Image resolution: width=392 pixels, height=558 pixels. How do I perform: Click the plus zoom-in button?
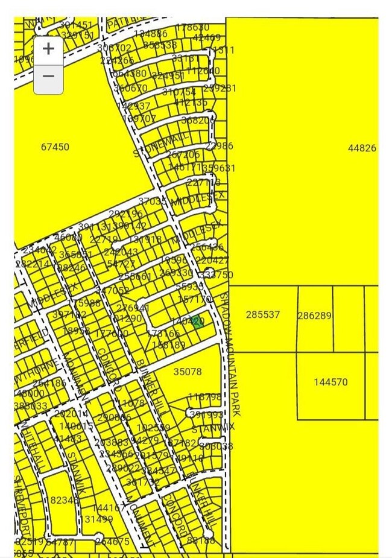[48, 49]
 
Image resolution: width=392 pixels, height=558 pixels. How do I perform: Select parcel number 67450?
[55, 147]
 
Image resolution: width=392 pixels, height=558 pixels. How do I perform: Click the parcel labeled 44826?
[362, 148]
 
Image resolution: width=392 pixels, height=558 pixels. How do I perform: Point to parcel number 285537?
[263, 315]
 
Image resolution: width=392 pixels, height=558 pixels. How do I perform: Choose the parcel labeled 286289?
[314, 315]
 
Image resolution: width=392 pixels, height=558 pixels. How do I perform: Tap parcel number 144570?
[330, 382]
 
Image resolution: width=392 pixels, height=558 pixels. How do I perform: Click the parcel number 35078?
[188, 372]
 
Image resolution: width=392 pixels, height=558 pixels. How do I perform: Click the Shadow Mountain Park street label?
[230, 355]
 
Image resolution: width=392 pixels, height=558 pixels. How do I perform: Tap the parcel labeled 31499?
[98, 519]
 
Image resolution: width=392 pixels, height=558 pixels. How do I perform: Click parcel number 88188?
[201, 541]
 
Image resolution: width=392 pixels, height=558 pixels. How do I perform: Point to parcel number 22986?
[219, 146]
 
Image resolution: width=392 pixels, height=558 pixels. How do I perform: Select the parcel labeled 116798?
[204, 398]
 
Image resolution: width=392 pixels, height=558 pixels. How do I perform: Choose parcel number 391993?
[207, 415]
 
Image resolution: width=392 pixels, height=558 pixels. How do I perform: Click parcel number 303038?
[216, 446]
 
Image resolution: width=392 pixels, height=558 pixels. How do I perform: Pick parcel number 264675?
[112, 542]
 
